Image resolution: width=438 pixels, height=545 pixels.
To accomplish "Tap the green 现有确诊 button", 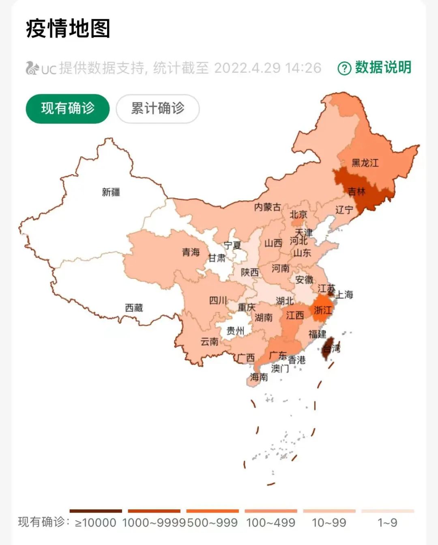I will click(x=68, y=109).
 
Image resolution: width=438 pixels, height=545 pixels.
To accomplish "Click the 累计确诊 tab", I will click(x=158, y=109).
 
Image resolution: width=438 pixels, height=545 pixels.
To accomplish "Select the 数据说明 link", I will click(x=383, y=67).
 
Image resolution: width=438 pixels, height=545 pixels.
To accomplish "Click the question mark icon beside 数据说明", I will click(x=344, y=68).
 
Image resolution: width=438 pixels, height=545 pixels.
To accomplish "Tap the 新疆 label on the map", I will click(x=111, y=192).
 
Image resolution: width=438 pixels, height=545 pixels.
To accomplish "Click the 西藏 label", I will click(x=134, y=307).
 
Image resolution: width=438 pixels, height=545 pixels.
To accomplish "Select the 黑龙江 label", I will click(x=365, y=163).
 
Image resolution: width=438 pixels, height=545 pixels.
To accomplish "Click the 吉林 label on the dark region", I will click(x=356, y=191).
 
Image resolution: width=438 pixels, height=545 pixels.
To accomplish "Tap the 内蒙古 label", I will click(x=267, y=207).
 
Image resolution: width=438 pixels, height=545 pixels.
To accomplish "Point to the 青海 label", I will click(x=191, y=252).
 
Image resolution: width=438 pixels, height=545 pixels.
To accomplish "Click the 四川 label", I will click(x=218, y=300).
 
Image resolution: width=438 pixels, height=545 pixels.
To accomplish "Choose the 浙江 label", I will click(x=323, y=310).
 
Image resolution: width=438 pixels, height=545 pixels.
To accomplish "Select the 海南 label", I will click(x=259, y=377).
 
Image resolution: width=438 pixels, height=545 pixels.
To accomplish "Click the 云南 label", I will click(x=210, y=342).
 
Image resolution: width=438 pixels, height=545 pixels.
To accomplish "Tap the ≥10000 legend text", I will click(x=96, y=522).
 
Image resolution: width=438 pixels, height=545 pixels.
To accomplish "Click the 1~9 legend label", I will click(x=387, y=522).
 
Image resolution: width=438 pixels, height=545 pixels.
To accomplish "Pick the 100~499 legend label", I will click(x=271, y=522).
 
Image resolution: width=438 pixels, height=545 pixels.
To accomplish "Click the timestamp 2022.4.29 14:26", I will click(x=268, y=68).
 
